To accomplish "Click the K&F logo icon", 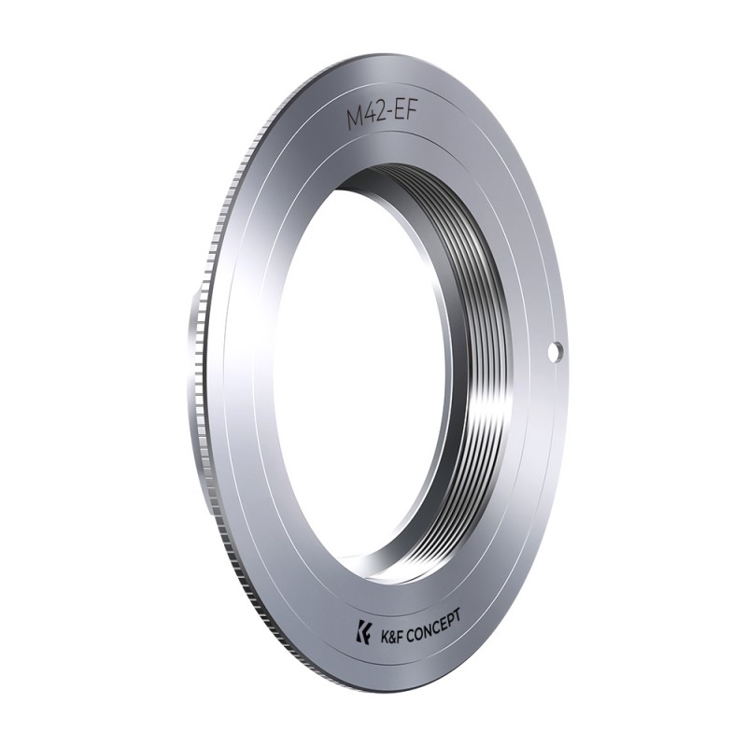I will tap(363, 631).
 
